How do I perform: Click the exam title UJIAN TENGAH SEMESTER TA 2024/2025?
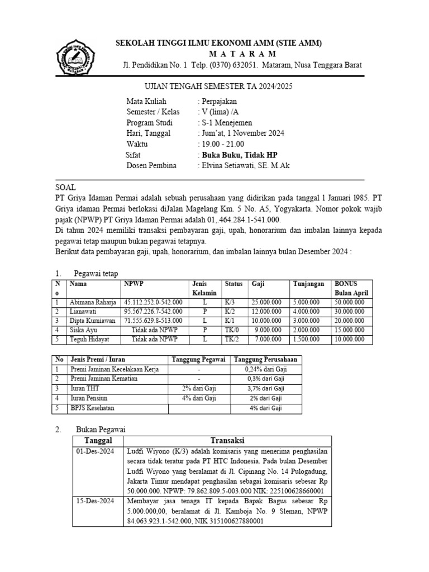coord(215,87)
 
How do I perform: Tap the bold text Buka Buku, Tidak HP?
coord(239,155)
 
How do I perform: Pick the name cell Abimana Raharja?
coord(92,302)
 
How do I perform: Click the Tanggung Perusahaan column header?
coord(265,360)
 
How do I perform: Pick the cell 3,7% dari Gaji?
coord(265,389)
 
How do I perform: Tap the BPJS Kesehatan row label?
coord(89,408)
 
